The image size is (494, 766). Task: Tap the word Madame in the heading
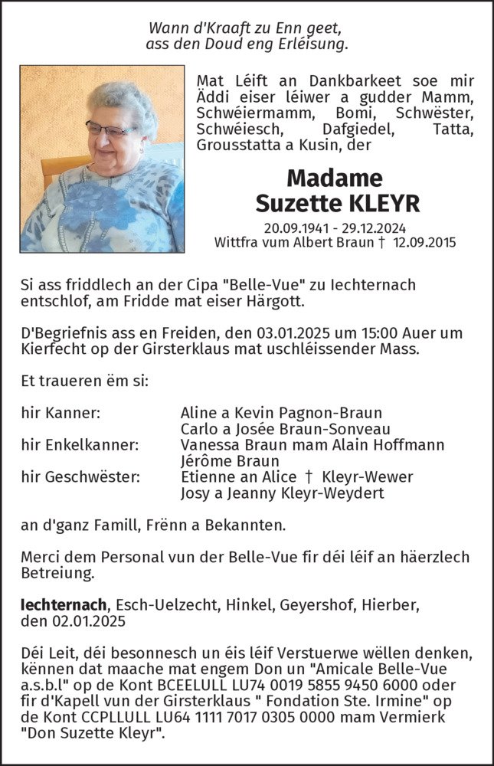coord(334,178)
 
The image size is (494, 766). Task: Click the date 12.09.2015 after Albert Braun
coord(424,242)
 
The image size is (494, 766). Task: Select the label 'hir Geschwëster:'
coord(80,477)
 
